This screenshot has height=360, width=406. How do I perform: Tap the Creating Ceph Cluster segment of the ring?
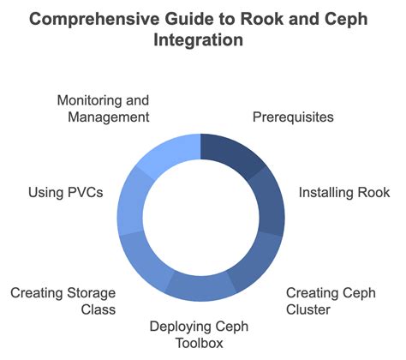[254, 260]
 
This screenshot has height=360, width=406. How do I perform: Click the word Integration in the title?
[202, 39]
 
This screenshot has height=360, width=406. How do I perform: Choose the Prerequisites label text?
[293, 117]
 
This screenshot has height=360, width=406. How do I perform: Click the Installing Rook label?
[343, 192]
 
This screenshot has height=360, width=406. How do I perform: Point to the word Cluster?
[307, 308]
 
